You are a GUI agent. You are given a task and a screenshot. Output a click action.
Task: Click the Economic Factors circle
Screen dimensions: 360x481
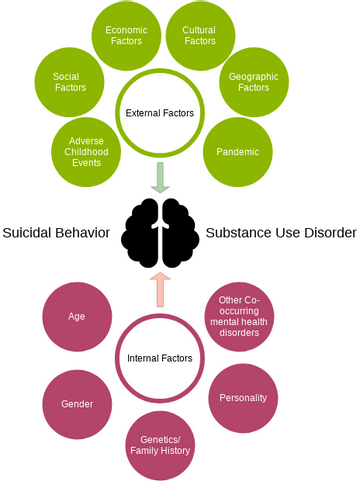coord(126,36)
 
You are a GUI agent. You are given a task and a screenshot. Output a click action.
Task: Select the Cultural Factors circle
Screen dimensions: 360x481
coord(200,36)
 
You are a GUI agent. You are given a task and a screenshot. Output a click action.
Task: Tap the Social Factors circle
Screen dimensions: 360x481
coord(69,82)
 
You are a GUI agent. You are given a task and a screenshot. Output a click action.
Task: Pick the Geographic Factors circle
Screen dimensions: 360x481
coord(254,82)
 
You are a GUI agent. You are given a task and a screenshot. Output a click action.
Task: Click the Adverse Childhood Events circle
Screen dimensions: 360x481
coord(86,152)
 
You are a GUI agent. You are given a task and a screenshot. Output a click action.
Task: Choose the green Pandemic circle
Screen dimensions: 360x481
coord(238,152)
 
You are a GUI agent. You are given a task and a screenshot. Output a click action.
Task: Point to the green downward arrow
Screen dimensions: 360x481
coord(160,178)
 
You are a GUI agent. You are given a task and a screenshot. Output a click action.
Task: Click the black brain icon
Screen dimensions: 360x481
coord(160,233)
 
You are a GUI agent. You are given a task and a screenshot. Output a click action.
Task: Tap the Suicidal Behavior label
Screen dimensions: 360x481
coord(56,233)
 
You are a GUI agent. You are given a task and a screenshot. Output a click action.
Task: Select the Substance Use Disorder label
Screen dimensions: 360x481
coord(281,233)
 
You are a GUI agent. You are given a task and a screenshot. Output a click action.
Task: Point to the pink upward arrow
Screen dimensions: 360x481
coord(160,289)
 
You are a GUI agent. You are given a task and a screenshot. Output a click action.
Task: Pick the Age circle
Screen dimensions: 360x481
coord(77,317)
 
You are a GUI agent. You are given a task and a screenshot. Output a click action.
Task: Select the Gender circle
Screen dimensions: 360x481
coord(77,404)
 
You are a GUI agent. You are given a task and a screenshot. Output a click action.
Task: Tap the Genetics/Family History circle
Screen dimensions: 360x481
coord(160,445)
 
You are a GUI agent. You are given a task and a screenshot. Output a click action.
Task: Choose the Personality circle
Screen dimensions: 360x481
coord(243,398)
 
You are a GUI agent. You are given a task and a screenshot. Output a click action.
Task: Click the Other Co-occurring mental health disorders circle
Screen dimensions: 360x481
coord(239,317)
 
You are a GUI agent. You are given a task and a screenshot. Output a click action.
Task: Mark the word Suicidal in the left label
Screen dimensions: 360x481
coord(27,233)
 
